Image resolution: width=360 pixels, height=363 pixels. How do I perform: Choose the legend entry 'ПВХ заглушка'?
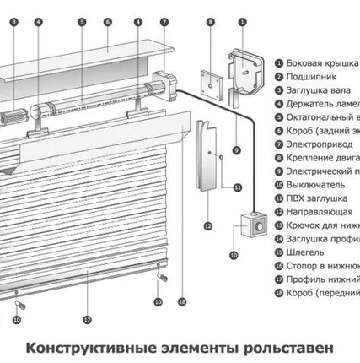tap(317, 198)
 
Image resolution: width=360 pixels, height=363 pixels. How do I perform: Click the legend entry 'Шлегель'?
tap(308, 252)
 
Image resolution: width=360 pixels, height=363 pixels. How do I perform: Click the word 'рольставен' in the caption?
tap(285, 347)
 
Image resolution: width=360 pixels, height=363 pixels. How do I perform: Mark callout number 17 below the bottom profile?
tap(86, 320)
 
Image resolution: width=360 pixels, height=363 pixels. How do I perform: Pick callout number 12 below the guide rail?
tap(207, 225)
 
